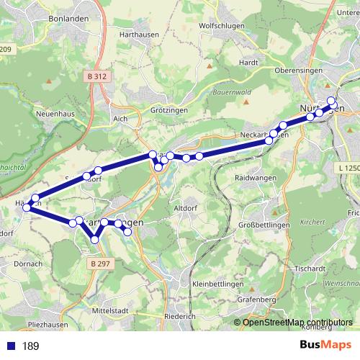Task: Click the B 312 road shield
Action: [x=98, y=76]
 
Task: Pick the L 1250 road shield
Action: [x=347, y=168]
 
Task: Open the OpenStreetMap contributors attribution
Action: [x=297, y=322]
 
